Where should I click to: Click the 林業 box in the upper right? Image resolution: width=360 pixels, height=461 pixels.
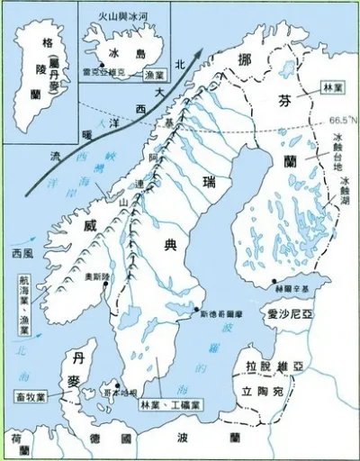[x=330, y=89]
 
